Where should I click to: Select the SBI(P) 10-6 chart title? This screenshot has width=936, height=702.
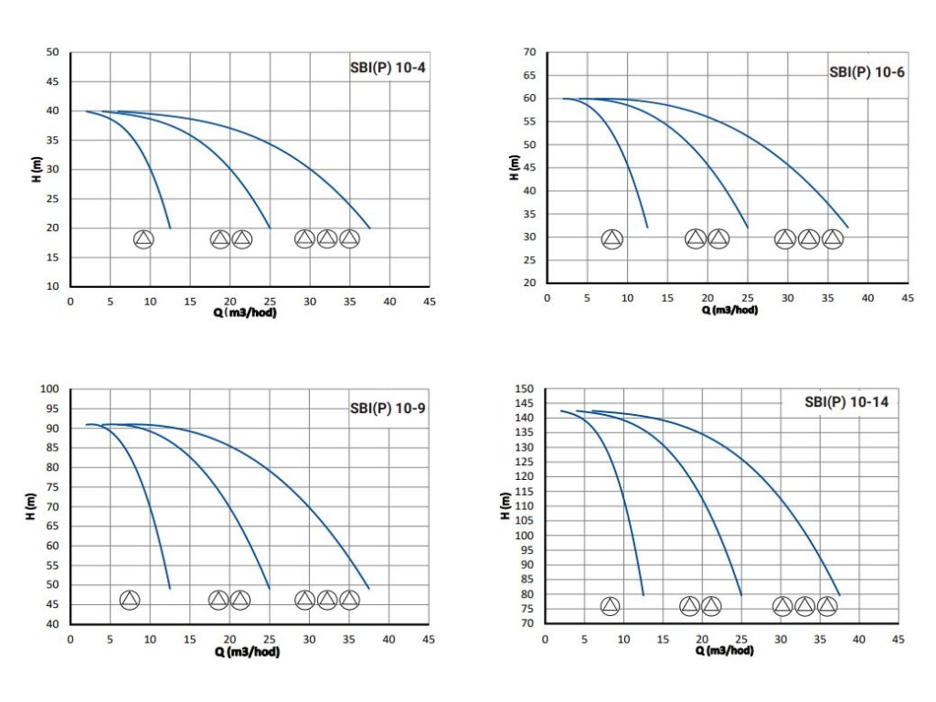[867, 71]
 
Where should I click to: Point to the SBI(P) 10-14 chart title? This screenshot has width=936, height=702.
[846, 401]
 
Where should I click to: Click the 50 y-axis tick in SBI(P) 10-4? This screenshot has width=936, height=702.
[52, 52]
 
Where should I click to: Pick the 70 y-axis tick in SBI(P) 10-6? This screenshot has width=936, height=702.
[528, 52]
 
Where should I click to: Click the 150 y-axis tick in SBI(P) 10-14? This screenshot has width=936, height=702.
[523, 389]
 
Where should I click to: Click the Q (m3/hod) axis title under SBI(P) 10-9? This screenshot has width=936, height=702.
[247, 652]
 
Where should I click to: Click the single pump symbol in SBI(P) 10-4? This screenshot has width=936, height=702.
[144, 239]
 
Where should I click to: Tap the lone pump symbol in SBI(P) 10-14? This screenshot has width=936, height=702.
[610, 606]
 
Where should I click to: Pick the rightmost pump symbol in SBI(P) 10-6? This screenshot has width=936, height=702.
[832, 239]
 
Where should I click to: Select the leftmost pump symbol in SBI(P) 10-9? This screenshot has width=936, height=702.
[130, 600]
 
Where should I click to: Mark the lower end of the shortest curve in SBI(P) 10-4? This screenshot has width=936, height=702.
[170, 228]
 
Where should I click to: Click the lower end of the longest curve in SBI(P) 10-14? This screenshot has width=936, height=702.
[839, 595]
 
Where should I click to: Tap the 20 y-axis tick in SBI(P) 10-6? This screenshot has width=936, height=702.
[528, 283]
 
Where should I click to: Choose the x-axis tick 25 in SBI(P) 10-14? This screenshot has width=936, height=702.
[741, 639]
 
